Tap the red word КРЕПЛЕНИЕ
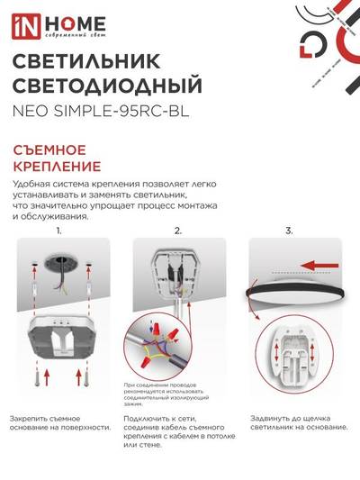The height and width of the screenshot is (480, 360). point(57,167)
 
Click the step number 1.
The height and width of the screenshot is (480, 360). point(58,231)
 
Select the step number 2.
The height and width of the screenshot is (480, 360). point(177,231)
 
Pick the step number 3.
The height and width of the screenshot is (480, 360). point(289,231)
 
